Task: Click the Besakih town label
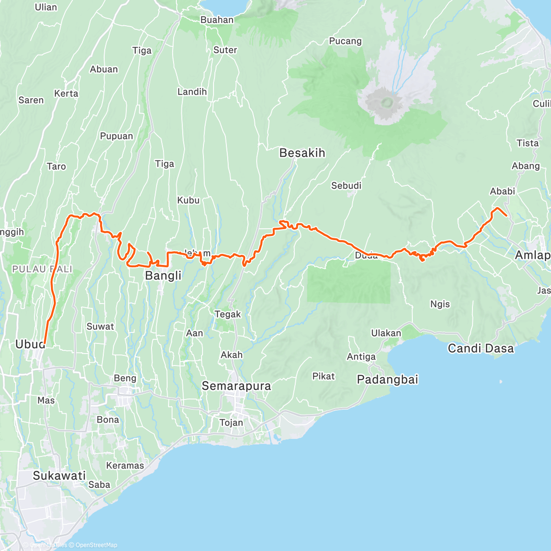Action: [x=302, y=153]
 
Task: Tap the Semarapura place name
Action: [x=236, y=386]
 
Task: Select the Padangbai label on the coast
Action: [x=388, y=380]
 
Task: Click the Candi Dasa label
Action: [x=481, y=349]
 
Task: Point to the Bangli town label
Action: [x=163, y=275]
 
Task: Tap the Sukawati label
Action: [x=59, y=476]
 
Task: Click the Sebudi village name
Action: [x=346, y=186]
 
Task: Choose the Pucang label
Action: [x=345, y=41]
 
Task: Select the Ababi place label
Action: [x=502, y=191]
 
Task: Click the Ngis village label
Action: [x=440, y=304]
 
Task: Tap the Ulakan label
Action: [x=386, y=333]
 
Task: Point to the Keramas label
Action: [x=125, y=466]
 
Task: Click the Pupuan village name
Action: [x=117, y=136]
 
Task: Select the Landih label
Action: [x=192, y=92]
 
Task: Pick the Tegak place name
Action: [x=228, y=314]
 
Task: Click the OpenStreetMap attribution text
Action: [x=96, y=545]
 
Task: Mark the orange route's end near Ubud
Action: [x=45, y=343]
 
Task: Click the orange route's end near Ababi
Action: [x=506, y=215]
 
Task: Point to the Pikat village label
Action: [x=323, y=376]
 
